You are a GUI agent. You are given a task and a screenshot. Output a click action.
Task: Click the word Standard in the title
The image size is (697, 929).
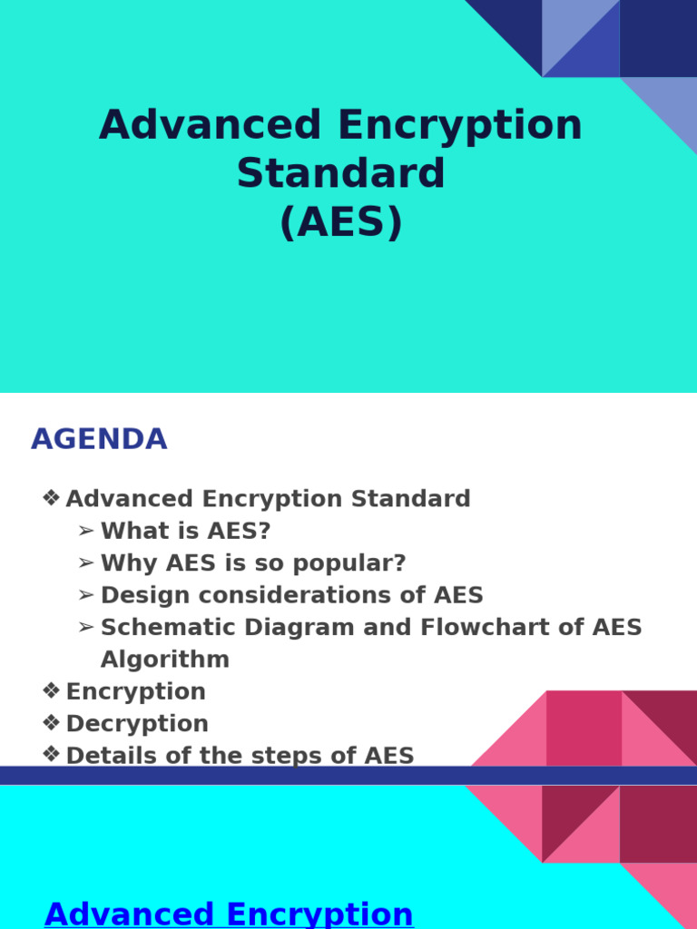point(341,173)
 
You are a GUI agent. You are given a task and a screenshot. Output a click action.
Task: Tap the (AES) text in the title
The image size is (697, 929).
point(341,222)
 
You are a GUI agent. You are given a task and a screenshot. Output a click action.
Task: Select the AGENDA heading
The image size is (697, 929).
point(99,439)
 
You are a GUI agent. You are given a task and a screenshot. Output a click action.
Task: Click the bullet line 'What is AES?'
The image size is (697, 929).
point(185,531)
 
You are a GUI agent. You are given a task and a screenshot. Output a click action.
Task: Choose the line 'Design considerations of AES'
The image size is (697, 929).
point(292,595)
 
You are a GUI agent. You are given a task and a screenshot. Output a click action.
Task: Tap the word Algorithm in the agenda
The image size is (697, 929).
point(165,660)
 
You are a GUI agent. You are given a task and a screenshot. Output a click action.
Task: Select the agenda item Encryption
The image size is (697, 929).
point(136,691)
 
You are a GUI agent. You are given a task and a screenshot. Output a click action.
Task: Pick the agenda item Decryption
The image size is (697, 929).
point(137,723)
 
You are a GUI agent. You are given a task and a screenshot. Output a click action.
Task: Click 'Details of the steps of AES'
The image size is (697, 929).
point(240,756)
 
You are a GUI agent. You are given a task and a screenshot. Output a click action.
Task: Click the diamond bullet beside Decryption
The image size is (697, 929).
point(52,723)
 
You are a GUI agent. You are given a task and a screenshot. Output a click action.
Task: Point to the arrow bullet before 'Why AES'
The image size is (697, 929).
point(86,563)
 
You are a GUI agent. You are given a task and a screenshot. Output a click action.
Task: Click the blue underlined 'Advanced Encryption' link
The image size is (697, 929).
point(229,914)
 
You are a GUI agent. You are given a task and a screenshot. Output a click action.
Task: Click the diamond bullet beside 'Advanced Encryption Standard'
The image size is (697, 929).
point(52,498)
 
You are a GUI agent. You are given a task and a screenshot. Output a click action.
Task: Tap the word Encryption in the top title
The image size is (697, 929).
point(460,125)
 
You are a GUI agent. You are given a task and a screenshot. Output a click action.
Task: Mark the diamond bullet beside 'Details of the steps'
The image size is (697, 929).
point(52,755)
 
